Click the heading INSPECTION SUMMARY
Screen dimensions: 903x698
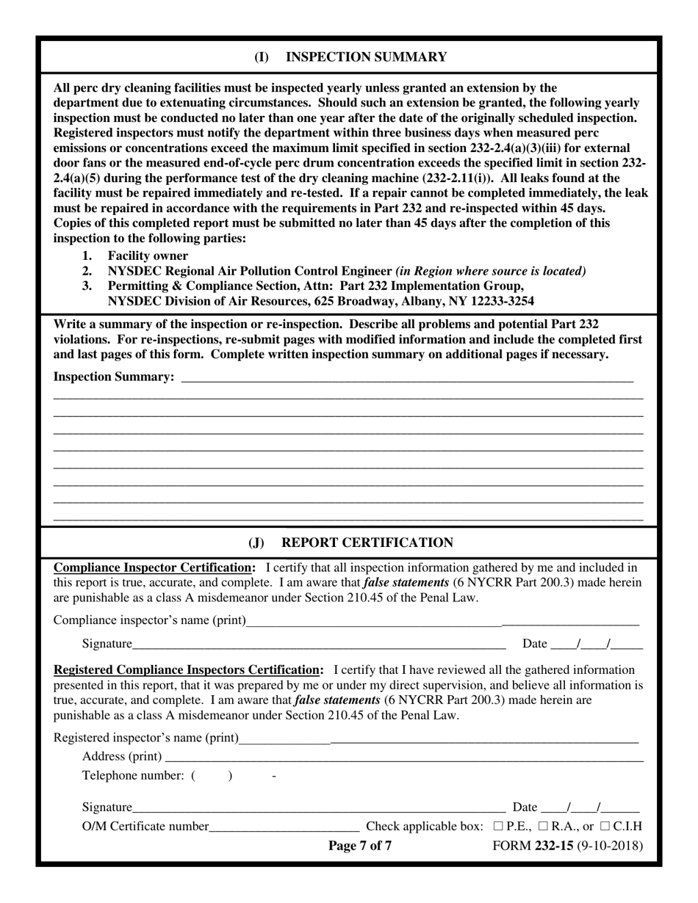coord(365,57)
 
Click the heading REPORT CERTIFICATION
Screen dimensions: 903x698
coord(367,543)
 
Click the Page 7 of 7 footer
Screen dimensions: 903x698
coord(359,845)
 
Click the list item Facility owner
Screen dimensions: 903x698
coord(148,255)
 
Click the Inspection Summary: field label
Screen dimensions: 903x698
coord(114,377)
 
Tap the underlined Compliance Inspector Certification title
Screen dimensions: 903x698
coord(155,567)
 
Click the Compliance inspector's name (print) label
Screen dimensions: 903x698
coord(150,620)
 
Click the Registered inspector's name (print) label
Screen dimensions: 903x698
coord(146,737)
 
